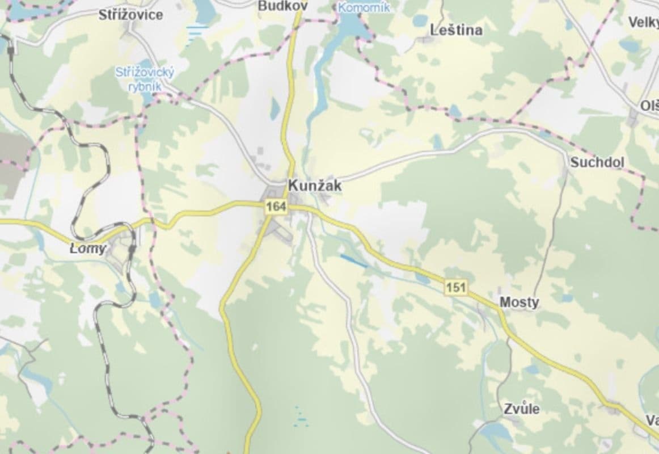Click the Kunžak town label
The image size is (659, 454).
coord(315,185)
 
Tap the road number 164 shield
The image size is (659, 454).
coord(276,207)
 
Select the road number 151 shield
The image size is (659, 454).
coord(456,288)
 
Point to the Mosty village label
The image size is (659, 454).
coord(519,302)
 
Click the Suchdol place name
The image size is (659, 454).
coord(597,163)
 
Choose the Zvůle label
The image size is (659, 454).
coord(522,409)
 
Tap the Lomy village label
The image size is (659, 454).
coord(88,249)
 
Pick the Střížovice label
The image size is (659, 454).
coord(130,15)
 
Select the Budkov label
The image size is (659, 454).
coord(282,6)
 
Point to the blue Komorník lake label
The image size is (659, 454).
coord(364,8)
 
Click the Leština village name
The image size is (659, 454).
coord(457,30)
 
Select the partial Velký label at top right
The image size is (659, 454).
coord(643,22)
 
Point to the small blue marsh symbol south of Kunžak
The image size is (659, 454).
coord(300,417)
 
